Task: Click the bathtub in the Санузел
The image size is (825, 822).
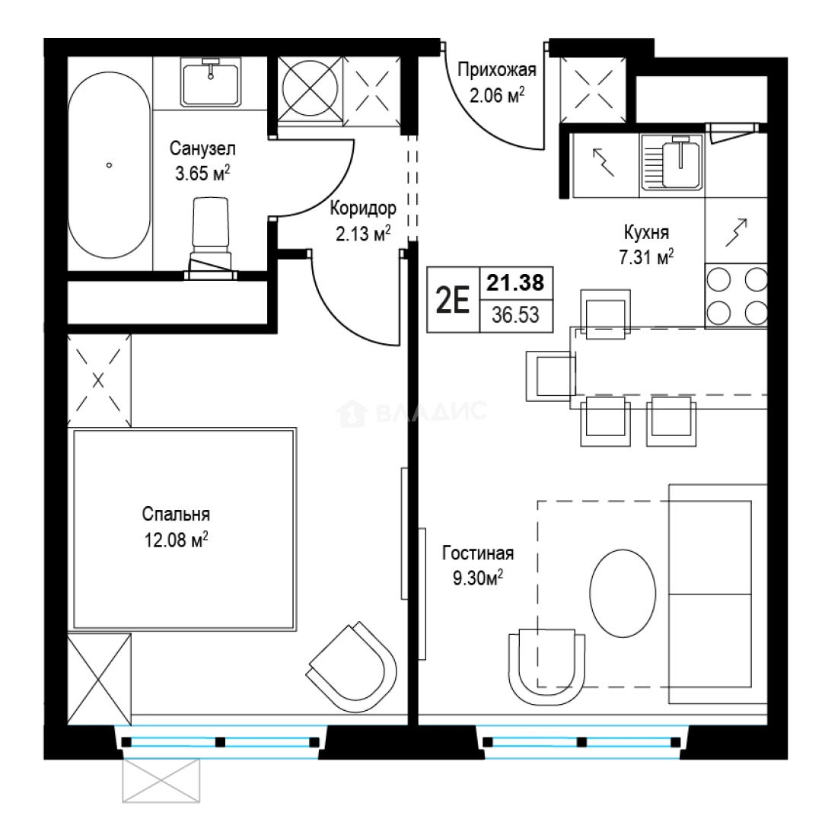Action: point(109,165)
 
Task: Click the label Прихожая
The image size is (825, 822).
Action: point(497,70)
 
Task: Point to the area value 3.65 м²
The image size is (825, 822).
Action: point(202,173)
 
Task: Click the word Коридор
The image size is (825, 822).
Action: point(363,209)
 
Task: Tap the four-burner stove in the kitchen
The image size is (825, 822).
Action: point(736,296)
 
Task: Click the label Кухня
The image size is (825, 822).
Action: point(646,232)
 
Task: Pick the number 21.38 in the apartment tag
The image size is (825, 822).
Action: point(515,283)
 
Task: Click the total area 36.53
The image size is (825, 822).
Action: point(516,315)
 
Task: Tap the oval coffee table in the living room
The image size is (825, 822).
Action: point(623,593)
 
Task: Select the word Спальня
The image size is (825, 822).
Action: point(176,515)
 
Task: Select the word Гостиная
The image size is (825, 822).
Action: point(478,553)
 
